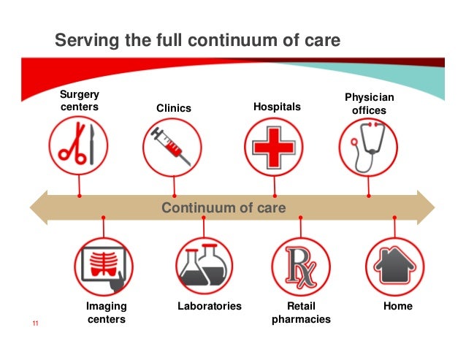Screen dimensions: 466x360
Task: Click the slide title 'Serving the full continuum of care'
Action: [x=198, y=41]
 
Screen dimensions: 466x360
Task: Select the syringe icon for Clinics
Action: [x=174, y=146]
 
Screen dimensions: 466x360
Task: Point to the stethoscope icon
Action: [x=368, y=146]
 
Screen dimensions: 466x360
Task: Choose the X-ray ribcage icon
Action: [x=104, y=266]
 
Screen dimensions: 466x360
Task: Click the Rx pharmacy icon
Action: [x=299, y=266]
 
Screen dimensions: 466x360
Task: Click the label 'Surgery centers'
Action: [x=79, y=102]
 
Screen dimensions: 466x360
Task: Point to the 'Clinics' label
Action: [x=174, y=108]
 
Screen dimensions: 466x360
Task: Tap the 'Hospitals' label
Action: [x=276, y=107]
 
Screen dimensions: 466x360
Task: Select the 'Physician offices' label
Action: [x=369, y=104]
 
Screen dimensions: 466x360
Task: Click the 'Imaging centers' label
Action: [x=106, y=313]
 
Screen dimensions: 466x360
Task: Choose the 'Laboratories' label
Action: [x=209, y=306]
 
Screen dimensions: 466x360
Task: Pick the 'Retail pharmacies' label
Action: [x=301, y=313]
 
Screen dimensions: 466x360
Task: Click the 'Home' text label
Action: [x=398, y=306]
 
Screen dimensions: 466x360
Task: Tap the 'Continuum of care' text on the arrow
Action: [x=224, y=208]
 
